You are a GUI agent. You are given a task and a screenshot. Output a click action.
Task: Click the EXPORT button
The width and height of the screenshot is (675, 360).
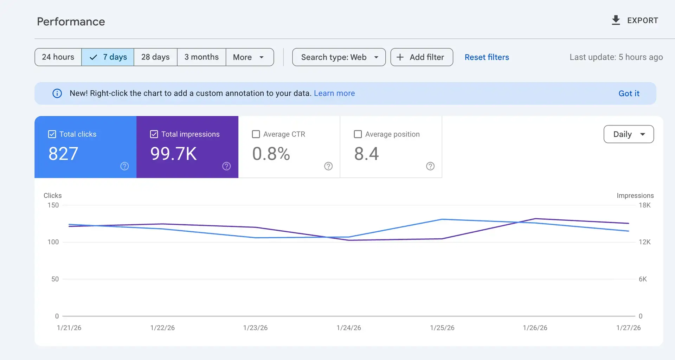tap(635, 20)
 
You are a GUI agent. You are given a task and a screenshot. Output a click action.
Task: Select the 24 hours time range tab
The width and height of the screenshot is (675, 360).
tap(58, 57)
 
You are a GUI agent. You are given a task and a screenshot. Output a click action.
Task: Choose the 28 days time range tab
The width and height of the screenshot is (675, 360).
tap(155, 57)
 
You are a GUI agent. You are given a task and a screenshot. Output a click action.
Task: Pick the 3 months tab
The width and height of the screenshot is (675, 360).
tap(201, 57)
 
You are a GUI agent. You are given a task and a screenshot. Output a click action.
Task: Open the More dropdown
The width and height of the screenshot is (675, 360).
tap(249, 57)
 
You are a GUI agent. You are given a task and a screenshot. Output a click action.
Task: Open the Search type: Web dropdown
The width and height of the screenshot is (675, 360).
tap(339, 57)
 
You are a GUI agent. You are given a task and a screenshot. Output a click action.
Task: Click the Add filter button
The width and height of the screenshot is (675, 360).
tap(422, 57)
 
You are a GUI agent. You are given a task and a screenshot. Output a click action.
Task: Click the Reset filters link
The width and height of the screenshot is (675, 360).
tap(487, 57)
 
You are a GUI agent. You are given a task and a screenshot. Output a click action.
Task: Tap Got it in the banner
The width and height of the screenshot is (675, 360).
tap(629, 94)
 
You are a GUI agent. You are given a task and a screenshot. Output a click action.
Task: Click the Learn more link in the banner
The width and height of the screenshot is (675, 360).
tap(334, 93)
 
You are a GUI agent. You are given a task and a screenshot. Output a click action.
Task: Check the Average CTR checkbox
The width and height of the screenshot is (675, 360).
tap(256, 134)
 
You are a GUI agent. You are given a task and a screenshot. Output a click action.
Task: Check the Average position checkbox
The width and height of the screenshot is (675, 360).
tap(358, 134)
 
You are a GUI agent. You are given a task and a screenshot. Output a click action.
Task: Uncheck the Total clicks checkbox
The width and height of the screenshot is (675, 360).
tap(52, 134)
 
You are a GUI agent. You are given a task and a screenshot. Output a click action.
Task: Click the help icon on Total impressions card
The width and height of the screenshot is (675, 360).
tap(226, 166)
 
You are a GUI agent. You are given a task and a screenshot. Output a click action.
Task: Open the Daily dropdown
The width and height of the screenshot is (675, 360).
tap(629, 134)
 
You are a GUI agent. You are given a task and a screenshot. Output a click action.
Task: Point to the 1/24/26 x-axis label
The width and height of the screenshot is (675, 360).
tap(348, 328)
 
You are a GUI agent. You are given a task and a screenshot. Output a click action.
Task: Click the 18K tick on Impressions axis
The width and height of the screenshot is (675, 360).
tap(644, 205)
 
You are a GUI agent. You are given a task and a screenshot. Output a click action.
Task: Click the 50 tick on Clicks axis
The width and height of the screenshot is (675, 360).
tap(55, 279)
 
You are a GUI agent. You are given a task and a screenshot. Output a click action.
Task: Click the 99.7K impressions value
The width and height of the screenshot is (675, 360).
tap(173, 154)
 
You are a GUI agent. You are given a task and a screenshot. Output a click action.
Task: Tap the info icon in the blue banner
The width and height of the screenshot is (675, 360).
tap(57, 93)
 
